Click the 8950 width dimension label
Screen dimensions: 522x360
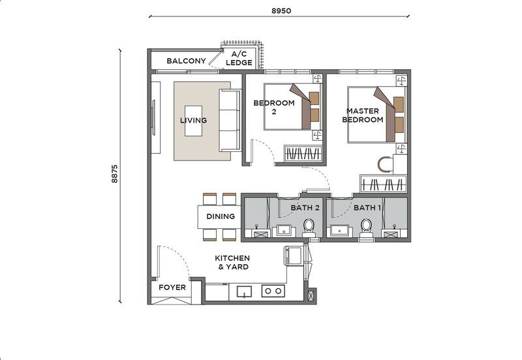(x=281, y=10)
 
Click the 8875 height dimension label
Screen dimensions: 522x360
(x=115, y=173)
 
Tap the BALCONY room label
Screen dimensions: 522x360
(x=186, y=61)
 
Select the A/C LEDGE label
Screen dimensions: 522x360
(x=239, y=58)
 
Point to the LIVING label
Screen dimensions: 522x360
(x=193, y=120)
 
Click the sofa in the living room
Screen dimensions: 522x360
(x=230, y=121)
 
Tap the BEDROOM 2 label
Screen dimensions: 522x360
(x=274, y=107)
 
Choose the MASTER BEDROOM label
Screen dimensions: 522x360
(x=363, y=115)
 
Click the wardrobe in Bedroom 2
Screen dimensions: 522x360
(x=303, y=154)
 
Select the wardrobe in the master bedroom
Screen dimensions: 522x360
(x=384, y=184)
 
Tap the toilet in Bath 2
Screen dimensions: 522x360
(x=309, y=228)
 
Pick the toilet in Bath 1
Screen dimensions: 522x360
(x=366, y=228)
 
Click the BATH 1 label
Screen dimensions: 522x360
(x=367, y=207)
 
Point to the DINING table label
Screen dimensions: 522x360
(x=221, y=217)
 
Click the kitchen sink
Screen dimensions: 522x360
(x=244, y=292)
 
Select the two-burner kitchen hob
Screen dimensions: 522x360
(x=273, y=291)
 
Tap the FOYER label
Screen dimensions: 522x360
(x=172, y=287)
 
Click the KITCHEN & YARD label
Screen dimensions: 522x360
(x=232, y=262)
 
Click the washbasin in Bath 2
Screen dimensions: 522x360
(x=284, y=231)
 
